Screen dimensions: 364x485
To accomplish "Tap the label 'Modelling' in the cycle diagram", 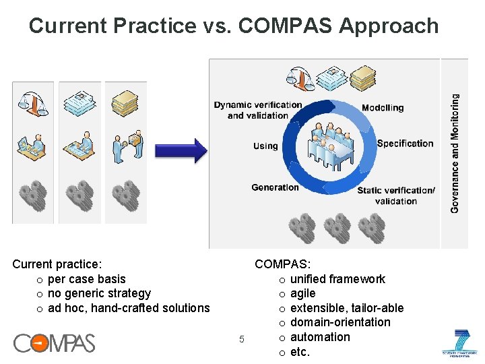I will tap(383, 108).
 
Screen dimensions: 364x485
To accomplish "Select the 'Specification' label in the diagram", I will tap(405, 143).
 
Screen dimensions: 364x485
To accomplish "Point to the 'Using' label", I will tap(265, 146).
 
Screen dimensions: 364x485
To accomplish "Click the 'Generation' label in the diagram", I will tap(275, 187).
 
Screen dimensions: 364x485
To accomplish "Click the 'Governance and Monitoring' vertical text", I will tap(455, 154).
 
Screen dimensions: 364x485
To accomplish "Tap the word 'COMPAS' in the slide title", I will tap(286, 26).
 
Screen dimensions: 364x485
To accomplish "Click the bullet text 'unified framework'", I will tap(337, 279).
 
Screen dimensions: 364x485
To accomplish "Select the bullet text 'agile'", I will tap(302, 293).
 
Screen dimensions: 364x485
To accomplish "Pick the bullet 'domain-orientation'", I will tap(340, 322).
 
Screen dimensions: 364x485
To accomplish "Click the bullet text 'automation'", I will tap(320, 336).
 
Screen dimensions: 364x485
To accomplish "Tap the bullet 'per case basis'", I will tap(87, 279).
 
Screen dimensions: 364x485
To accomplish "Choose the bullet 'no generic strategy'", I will tap(99, 293).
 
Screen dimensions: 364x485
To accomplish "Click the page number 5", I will tap(242, 338).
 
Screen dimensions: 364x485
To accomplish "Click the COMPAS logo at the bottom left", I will tap(55, 343).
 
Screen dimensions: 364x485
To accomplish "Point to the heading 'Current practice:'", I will tap(57, 265).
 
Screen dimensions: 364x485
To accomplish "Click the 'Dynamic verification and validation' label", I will tap(258, 110).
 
